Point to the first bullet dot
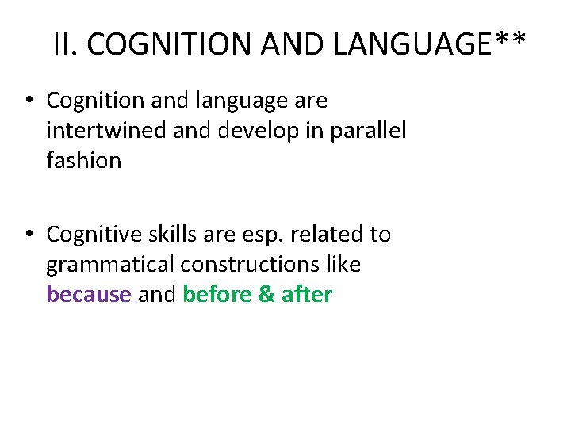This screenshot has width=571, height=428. (x=28, y=101)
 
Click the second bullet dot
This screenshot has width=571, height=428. (x=28, y=235)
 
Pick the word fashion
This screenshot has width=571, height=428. (x=83, y=160)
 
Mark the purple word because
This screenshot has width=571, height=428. (x=89, y=295)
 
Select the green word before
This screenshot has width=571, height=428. (x=217, y=295)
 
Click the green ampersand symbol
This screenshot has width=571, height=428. (x=266, y=295)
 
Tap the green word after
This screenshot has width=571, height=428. (x=307, y=295)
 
